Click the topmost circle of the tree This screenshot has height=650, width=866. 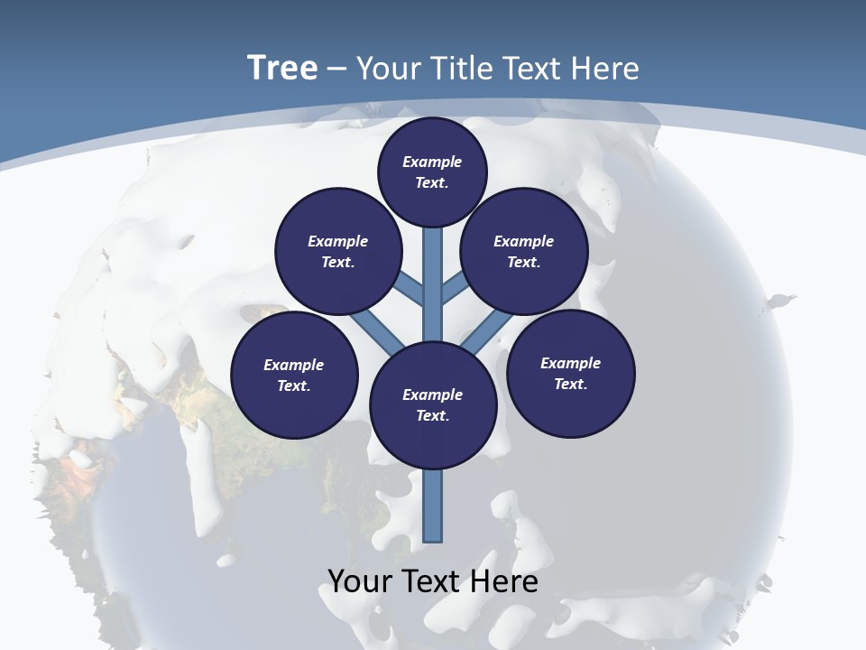click(x=432, y=172)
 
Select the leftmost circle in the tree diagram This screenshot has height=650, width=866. click(x=294, y=375)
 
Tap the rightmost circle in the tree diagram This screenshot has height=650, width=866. click(x=571, y=373)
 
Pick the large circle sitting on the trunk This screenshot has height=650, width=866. click(x=433, y=404)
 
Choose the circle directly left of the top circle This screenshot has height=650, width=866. click(x=338, y=251)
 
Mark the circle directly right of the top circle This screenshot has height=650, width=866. click(x=524, y=251)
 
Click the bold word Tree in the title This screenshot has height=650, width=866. click(x=282, y=68)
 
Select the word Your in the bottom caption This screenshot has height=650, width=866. click(x=360, y=581)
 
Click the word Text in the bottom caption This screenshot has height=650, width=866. click(x=431, y=581)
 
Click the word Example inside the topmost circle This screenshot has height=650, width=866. click(x=432, y=162)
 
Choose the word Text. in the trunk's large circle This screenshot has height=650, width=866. click(x=433, y=415)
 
